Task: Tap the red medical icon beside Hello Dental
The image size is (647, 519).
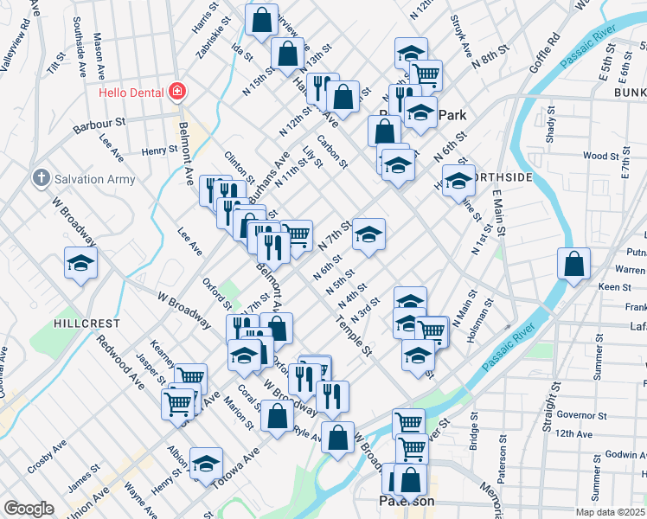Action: pyautogui.click(x=177, y=90)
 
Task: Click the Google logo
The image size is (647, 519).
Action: pyautogui.click(x=29, y=508)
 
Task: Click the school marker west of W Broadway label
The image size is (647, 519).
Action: pyautogui.click(x=80, y=263)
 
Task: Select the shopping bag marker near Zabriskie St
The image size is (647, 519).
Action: pyautogui.click(x=261, y=19)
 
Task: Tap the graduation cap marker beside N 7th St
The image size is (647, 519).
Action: pyautogui.click(x=368, y=234)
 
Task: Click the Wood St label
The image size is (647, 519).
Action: pyautogui.click(x=600, y=157)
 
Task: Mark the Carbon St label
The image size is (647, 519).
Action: pyautogui.click(x=332, y=151)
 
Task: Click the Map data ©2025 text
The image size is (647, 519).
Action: pyautogui.click(x=609, y=512)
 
